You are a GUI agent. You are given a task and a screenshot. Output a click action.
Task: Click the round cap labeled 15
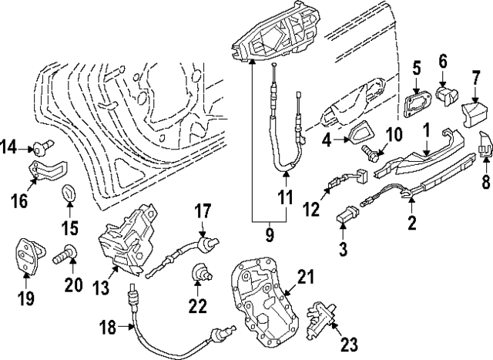(69, 193)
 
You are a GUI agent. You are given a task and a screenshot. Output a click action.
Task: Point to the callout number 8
(486, 182)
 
